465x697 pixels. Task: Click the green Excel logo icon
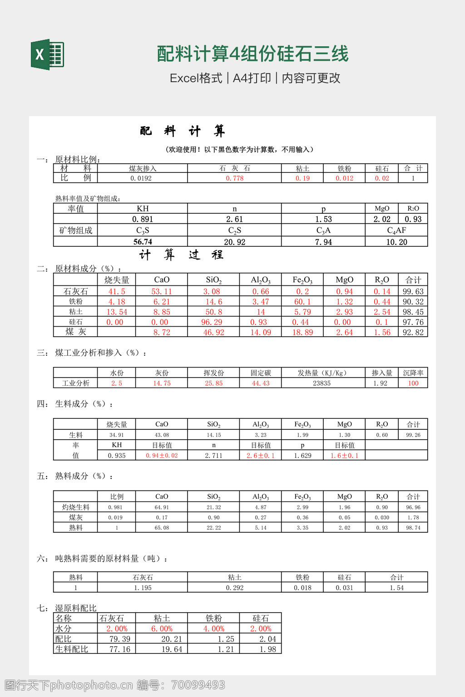(47, 55)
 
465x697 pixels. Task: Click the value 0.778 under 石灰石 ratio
(234, 178)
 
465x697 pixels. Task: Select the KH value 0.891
(143, 219)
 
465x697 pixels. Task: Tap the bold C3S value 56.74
(143, 242)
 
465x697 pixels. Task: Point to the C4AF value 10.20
(396, 242)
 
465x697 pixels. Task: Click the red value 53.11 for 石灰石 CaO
(162, 291)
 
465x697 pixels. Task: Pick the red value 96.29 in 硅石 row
(213, 322)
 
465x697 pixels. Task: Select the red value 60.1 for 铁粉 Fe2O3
(302, 302)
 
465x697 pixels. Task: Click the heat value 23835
(322, 383)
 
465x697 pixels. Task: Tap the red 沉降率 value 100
(413, 383)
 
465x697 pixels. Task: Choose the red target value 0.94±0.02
(162, 456)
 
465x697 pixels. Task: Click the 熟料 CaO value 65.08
(162, 528)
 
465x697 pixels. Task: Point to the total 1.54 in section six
(396, 588)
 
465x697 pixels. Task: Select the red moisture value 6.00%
(162, 629)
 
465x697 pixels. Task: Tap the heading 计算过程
(181, 255)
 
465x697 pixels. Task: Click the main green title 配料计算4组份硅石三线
(252, 54)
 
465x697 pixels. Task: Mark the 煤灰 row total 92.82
(413, 332)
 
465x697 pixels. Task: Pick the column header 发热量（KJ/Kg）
(322, 373)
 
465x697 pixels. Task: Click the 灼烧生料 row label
(76, 507)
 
